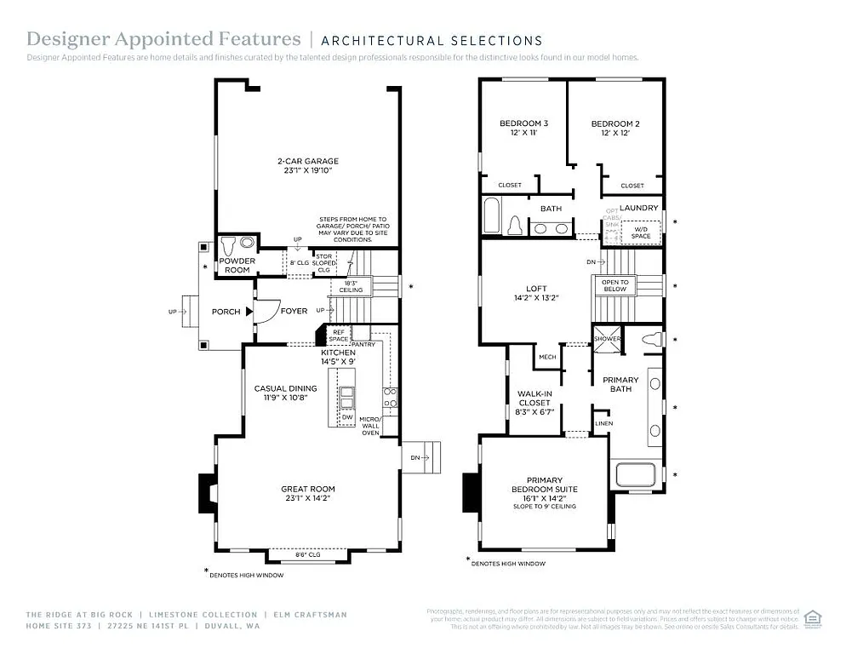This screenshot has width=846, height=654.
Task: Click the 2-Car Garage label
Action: point(307,161)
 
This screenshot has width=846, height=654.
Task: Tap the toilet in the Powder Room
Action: point(247,241)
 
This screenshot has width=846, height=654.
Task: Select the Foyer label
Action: point(294,312)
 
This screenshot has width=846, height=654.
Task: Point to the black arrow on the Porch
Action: point(249,312)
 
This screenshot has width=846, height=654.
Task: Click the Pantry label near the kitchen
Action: point(363,344)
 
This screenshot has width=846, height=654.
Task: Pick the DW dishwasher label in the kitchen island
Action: point(347,417)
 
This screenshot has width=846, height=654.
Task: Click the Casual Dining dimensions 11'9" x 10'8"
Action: point(286,398)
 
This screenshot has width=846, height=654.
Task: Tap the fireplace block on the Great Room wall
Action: point(209,491)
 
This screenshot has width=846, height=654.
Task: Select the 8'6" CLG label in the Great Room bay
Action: point(307,554)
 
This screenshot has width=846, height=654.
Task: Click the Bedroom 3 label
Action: point(523,124)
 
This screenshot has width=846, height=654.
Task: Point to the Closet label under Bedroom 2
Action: point(632,186)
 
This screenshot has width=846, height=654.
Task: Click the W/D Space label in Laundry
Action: point(641,231)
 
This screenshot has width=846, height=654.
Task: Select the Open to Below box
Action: point(614,285)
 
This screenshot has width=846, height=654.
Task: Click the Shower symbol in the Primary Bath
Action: point(608,338)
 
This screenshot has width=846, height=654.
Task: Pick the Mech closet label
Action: point(547,358)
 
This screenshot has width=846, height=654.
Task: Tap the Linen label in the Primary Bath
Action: point(603,423)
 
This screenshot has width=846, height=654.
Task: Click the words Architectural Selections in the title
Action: point(432,40)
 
